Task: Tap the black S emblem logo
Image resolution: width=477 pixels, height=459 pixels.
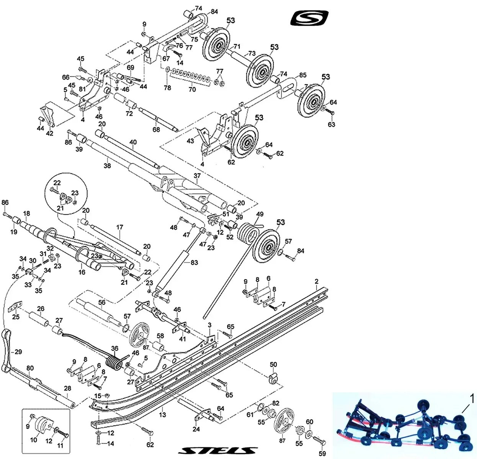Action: [309, 18]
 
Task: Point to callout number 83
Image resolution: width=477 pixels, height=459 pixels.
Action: [194, 262]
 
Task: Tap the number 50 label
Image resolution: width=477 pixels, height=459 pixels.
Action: [273, 364]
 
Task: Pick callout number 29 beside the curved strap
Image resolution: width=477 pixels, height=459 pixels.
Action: [18, 351]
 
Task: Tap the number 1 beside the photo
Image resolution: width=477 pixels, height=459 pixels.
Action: [472, 399]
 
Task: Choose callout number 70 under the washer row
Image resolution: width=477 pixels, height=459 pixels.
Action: [192, 89]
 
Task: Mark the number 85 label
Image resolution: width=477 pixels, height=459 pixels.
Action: [303, 75]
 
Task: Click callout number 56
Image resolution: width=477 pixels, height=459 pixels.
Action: [101, 303]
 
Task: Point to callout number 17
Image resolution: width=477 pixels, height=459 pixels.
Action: [120, 227]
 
